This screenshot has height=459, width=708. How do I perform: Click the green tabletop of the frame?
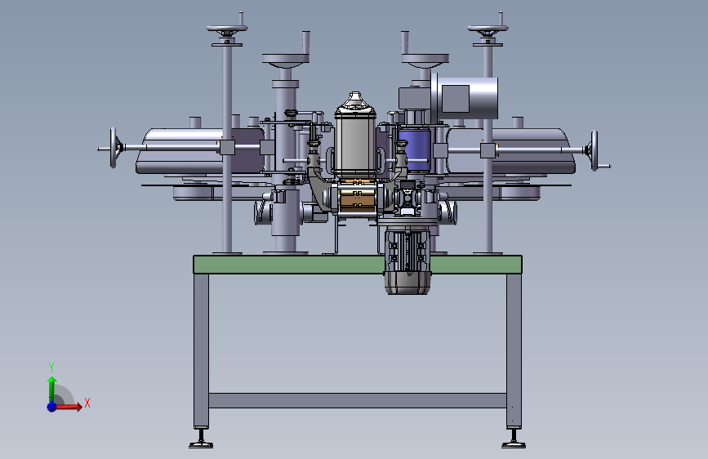(x=289, y=265)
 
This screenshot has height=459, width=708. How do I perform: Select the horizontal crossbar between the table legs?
(x=357, y=400)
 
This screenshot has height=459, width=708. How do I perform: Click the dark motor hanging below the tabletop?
(x=407, y=261)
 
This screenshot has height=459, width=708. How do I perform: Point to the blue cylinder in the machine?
(x=415, y=149)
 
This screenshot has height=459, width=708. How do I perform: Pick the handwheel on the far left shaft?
(x=114, y=148)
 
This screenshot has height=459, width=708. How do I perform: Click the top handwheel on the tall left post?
(x=227, y=29)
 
